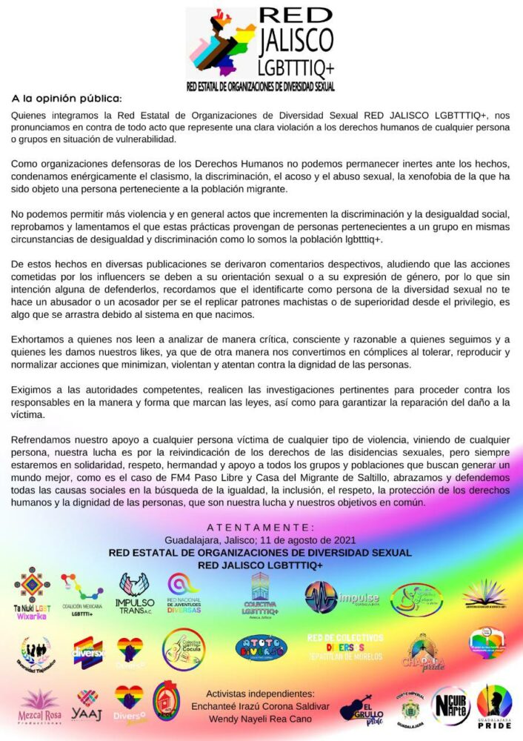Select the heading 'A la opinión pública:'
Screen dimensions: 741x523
pyautogui.click(x=66, y=98)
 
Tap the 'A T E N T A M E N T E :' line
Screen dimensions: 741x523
pyautogui.click(x=260, y=528)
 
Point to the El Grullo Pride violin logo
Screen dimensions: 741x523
pyautogui.click(x=361, y=707)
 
